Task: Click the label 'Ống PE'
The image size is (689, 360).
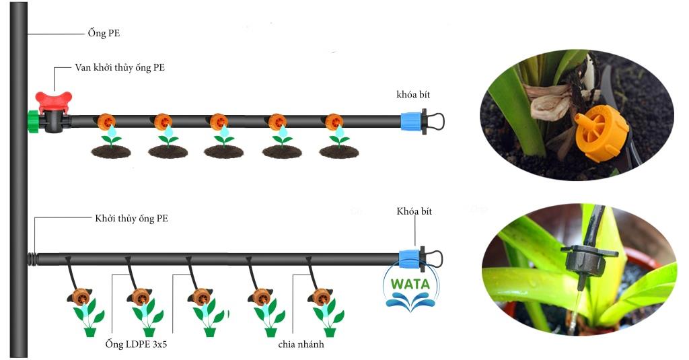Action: click(104, 34)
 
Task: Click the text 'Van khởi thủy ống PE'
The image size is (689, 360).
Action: click(120, 68)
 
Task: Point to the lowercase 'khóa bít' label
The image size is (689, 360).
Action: click(413, 94)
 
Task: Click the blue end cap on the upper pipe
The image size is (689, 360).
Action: click(411, 121)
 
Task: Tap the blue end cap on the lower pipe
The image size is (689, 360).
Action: click(410, 259)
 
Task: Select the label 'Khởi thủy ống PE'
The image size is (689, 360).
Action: click(131, 219)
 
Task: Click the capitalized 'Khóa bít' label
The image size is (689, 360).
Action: click(414, 211)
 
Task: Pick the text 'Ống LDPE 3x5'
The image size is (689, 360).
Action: click(136, 344)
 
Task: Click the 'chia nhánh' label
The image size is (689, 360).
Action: click(301, 344)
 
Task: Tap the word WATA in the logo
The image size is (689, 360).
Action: click(410, 284)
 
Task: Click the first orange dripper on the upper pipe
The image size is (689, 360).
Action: click(106, 122)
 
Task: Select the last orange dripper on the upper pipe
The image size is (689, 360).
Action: click(334, 122)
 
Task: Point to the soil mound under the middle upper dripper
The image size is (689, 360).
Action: click(223, 151)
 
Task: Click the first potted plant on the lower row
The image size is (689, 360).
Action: click(89, 318)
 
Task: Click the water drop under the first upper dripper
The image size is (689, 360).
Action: click(112, 131)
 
